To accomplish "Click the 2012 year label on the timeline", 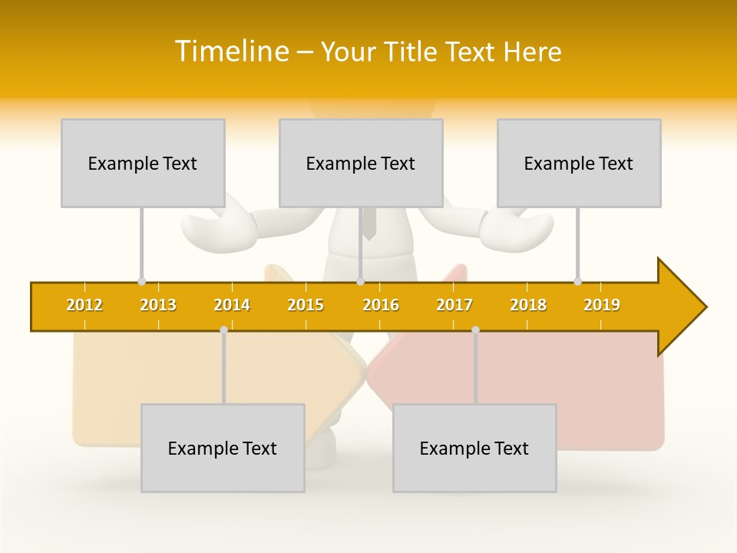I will (84, 305).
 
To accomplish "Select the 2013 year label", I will (158, 305).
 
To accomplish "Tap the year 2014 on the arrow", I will (232, 305).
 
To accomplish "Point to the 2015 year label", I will (306, 305).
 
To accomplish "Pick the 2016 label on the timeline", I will (381, 305).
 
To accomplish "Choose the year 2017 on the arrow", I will (454, 305).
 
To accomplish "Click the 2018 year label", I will (528, 305).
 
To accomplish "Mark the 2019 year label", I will (602, 305).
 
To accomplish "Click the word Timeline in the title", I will (230, 51).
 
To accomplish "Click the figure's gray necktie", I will (369, 223).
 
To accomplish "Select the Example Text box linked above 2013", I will (143, 163).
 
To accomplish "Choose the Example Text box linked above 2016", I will (361, 163).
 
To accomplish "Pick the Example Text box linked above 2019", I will (579, 163).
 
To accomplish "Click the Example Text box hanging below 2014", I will (223, 448).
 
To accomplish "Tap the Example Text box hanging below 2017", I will (474, 448).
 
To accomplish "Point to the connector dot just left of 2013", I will (141, 281).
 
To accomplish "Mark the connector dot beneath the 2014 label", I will (223, 330).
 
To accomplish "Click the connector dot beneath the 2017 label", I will (475, 330).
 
